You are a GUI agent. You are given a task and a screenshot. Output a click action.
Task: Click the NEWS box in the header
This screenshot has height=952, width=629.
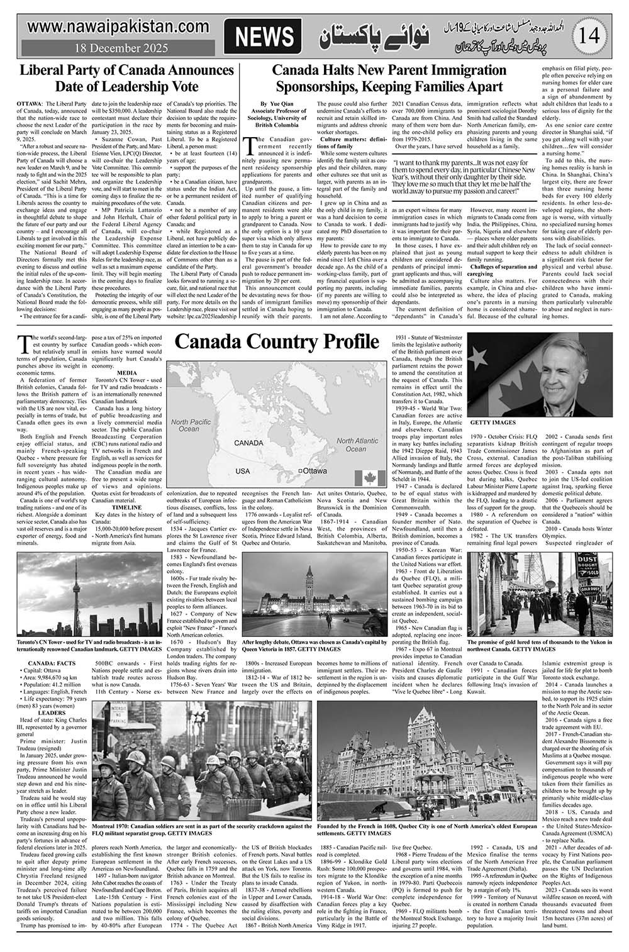pyautogui.click(x=263, y=36)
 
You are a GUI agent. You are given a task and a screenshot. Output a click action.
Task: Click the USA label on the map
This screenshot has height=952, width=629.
pyautogui.click(x=242, y=471)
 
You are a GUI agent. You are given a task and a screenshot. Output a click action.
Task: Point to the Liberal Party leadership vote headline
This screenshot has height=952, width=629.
pyautogui.click(x=126, y=77)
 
